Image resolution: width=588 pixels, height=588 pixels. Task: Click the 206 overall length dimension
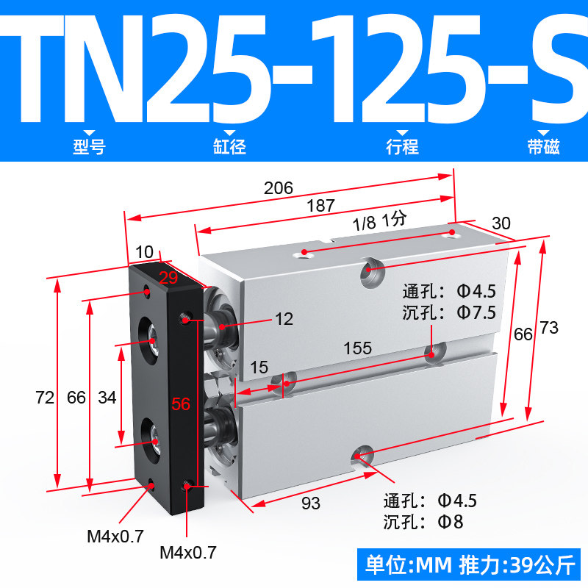(279, 188)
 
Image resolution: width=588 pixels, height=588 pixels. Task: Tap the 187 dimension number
(320, 206)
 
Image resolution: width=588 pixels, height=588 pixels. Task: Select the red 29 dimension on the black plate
(168, 278)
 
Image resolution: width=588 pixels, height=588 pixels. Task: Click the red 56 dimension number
(181, 404)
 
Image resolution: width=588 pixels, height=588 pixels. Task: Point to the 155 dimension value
(358, 348)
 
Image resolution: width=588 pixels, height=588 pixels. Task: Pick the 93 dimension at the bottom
(311, 503)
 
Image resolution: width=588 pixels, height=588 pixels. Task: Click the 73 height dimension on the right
(549, 328)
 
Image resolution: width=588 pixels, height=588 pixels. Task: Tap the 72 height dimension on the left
(45, 398)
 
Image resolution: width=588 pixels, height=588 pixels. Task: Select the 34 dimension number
(107, 398)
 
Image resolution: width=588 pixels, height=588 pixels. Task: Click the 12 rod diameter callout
(284, 319)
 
